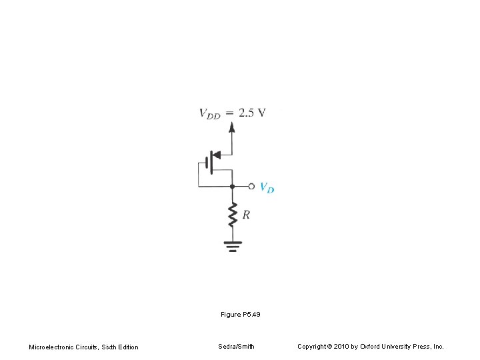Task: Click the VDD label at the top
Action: pyautogui.click(x=210, y=113)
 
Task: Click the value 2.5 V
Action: pyautogui.click(x=252, y=112)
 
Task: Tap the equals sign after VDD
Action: pyautogui.click(x=229, y=113)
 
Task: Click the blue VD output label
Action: pyautogui.click(x=266, y=187)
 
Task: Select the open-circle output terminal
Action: pyautogui.click(x=251, y=186)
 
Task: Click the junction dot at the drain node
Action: pyautogui.click(x=232, y=186)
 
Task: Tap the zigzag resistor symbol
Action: pyautogui.click(x=232, y=215)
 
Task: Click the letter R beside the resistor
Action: pyautogui.click(x=246, y=215)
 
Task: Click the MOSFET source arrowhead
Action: pyautogui.click(x=215, y=155)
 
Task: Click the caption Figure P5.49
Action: pyautogui.click(x=240, y=313)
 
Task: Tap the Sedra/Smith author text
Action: pyautogui.click(x=236, y=346)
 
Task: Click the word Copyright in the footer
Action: pyautogui.click(x=312, y=347)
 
